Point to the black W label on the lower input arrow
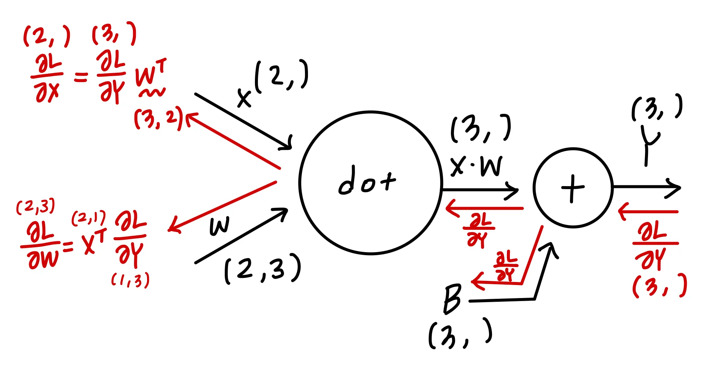click(x=219, y=226)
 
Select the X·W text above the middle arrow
click(x=476, y=166)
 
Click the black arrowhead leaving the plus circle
click(x=674, y=188)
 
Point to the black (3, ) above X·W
click(x=480, y=129)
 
